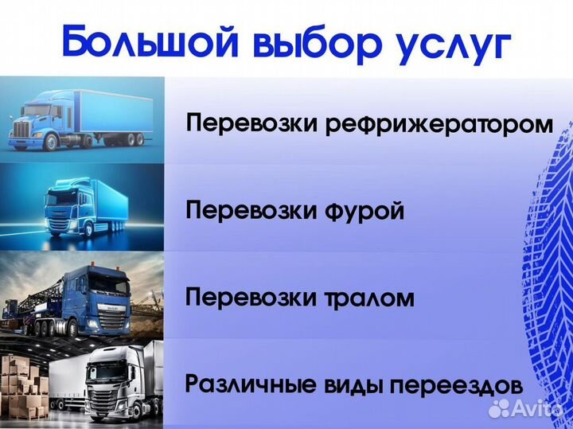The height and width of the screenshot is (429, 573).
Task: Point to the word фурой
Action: (x=365, y=213)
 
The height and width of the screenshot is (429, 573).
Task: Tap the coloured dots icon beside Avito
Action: (x=499, y=408)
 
